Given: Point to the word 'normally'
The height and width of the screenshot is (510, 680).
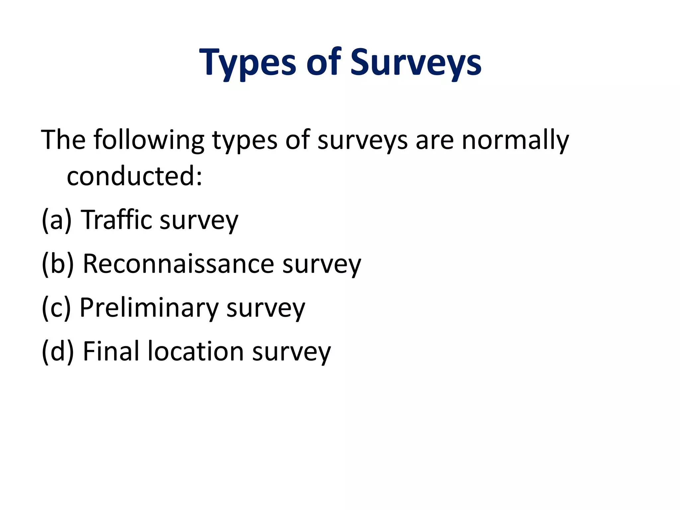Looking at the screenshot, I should click(x=515, y=140).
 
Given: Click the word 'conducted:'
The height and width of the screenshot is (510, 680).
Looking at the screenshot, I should click(x=134, y=176).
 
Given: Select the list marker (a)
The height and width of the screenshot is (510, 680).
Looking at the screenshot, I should click(x=56, y=220).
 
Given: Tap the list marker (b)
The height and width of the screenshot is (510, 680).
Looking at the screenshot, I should click(x=57, y=264).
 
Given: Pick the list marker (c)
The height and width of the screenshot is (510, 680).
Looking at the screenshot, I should click(x=56, y=308).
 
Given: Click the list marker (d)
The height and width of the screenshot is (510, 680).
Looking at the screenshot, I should click(x=57, y=351).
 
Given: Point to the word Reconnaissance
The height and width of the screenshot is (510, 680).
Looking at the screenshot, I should click(x=178, y=264).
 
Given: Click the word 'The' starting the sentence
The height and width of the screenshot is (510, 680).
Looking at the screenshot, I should click(x=63, y=140).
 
